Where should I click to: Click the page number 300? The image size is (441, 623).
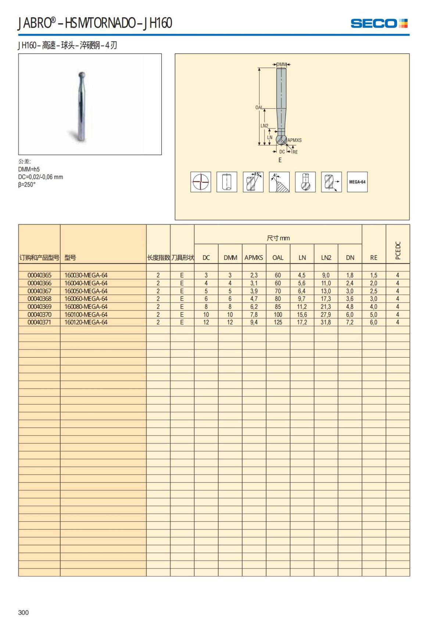23,612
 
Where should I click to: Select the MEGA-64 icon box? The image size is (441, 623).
357,182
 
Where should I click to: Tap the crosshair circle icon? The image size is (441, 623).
201,182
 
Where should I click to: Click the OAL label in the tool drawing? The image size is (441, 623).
259,108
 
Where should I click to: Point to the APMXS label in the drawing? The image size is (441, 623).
294,140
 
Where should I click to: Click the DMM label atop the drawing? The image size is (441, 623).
282,65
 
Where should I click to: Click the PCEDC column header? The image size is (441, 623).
398,250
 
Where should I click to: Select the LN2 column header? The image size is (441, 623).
326,258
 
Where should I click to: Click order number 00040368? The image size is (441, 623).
39,299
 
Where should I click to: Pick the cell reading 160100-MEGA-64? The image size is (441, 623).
86,315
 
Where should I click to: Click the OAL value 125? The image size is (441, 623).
278,322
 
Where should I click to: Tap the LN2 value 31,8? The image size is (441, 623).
326,322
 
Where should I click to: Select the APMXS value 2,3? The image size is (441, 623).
254,275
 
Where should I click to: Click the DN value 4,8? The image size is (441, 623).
349,307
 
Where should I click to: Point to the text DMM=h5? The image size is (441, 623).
29,169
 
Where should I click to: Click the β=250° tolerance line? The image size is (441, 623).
27,185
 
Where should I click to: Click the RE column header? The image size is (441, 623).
374,258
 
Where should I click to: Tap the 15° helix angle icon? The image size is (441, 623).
253,182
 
